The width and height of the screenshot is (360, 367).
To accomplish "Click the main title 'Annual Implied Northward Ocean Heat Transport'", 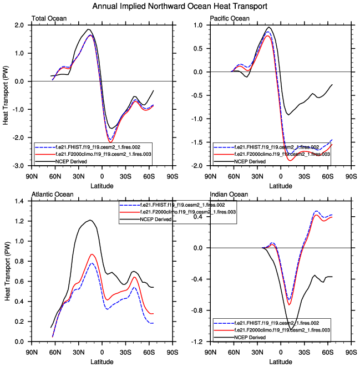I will [180, 6].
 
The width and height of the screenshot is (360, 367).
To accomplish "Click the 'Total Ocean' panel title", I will [49, 19].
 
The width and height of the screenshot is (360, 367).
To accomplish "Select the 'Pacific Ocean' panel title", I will [229, 19].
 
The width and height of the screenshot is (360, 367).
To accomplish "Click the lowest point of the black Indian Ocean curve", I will [291, 330].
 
